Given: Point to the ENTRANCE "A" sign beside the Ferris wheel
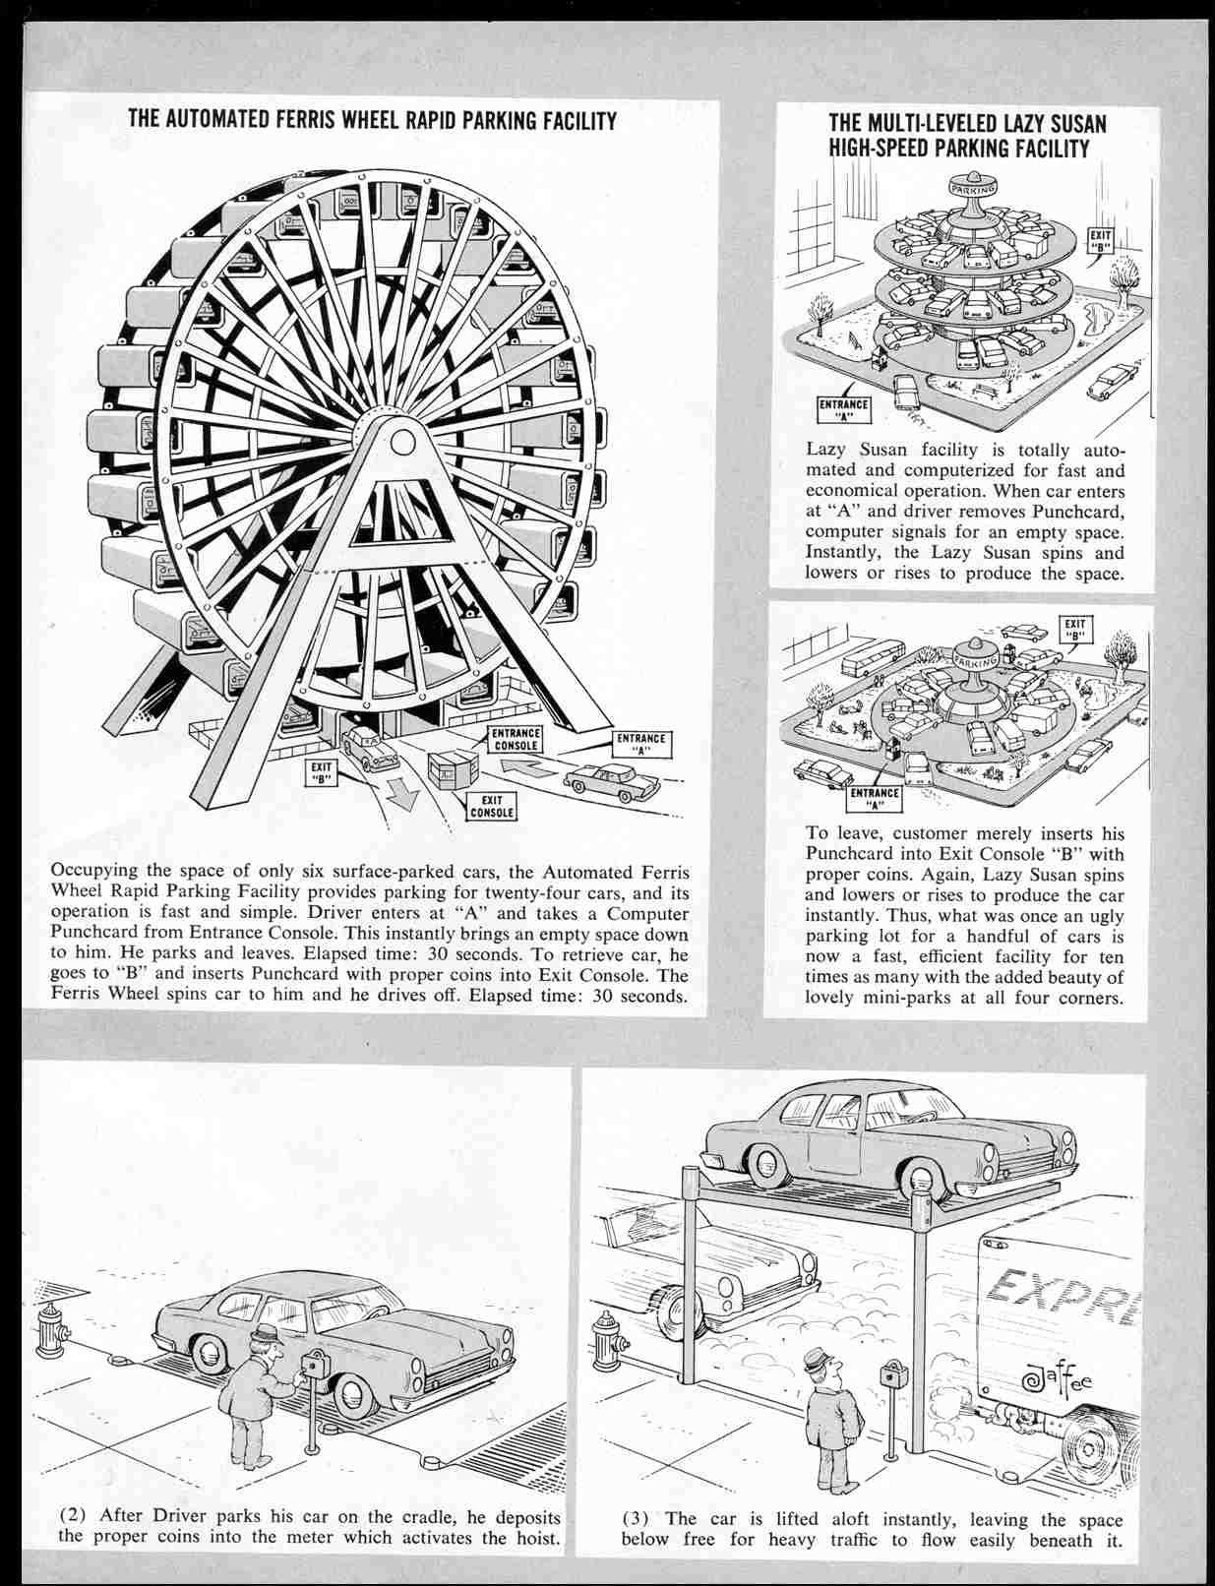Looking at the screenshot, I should point(641,743).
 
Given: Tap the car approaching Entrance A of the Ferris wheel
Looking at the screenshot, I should point(612,782).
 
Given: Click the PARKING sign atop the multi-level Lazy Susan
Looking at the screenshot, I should point(973,187).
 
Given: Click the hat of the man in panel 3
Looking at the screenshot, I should point(816,1364).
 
